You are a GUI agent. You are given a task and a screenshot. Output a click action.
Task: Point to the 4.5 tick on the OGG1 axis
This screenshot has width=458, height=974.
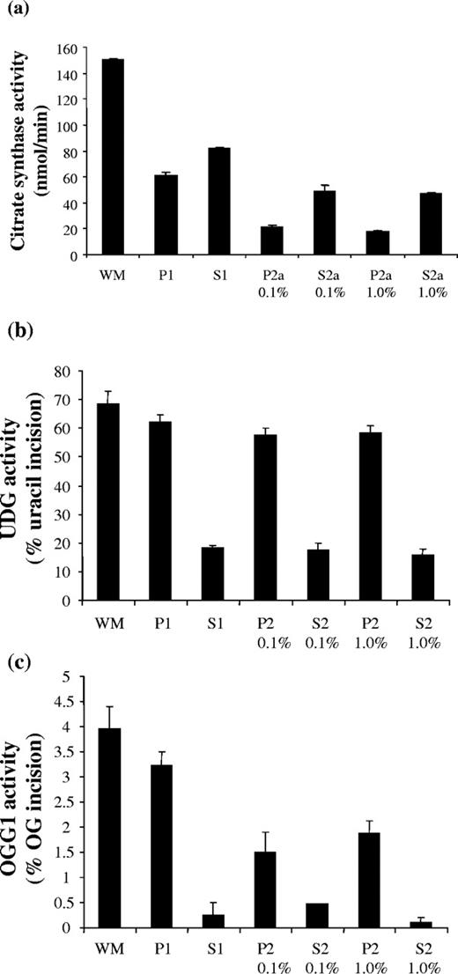(x=83, y=702)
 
